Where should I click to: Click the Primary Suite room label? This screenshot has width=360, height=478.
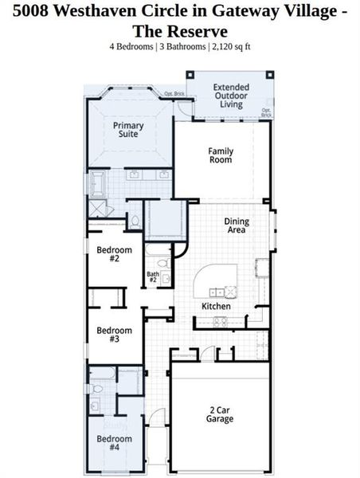tap(128, 130)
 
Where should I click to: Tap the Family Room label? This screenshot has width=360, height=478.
tap(220, 155)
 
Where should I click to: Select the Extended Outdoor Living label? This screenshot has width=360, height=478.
tap(232, 95)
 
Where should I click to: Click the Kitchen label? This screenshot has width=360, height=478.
tap(216, 306)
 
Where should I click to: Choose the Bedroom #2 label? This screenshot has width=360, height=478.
tap(113, 254)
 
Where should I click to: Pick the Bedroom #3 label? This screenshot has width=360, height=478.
tap(113, 335)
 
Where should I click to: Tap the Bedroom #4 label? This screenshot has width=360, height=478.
tap(113, 442)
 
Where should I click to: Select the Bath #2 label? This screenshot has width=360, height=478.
tap(153, 277)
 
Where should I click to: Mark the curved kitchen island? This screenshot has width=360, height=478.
tap(216, 280)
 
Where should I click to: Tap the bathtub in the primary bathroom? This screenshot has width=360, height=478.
tap(98, 183)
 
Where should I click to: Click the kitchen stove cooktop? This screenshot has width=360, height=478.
tap(219, 321)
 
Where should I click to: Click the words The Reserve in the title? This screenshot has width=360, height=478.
tap(180, 31)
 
